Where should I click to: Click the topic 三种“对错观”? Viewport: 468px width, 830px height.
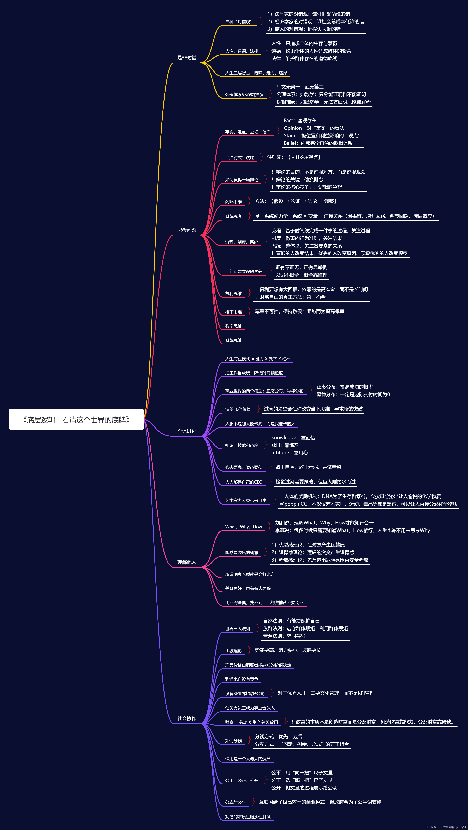(x=239, y=22)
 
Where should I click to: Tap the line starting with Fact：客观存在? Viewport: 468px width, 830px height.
(x=300, y=121)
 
